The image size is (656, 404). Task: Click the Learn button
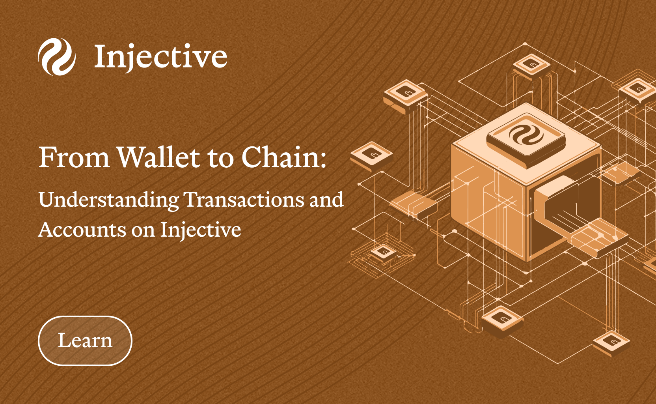(85, 340)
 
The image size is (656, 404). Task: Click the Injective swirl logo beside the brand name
(57, 56)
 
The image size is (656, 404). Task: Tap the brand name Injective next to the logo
(160, 57)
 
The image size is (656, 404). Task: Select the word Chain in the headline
(281, 157)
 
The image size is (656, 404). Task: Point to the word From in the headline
(75, 158)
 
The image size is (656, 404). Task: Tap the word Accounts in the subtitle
(82, 230)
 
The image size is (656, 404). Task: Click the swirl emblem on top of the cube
(526, 136)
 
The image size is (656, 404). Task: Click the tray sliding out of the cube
(597, 238)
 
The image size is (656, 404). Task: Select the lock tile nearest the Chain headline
(371, 156)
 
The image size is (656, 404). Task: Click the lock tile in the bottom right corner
(611, 343)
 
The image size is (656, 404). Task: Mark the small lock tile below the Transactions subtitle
(383, 253)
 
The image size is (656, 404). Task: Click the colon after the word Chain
(323, 160)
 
